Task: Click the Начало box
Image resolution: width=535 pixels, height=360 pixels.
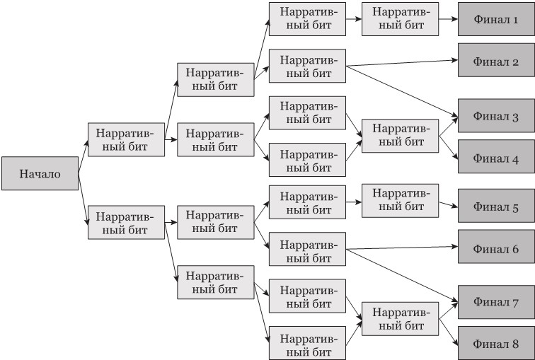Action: pos(40,174)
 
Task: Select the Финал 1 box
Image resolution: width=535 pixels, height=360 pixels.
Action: pos(495,18)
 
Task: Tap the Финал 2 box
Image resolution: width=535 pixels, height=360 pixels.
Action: pos(495,62)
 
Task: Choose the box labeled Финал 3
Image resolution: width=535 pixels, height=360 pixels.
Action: pos(495,115)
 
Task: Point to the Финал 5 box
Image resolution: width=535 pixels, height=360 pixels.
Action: pos(495,207)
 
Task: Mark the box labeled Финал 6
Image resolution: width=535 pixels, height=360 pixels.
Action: pos(495,249)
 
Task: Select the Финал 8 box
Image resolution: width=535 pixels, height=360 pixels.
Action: pos(495,344)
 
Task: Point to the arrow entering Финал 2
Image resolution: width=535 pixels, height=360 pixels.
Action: pos(403,64)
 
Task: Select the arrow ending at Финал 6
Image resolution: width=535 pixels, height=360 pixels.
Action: pos(403,248)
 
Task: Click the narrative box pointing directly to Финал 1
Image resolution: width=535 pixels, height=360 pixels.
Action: pos(399,18)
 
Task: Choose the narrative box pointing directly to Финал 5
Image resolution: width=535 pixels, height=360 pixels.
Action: pos(399,199)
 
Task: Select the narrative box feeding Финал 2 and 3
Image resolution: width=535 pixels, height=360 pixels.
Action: pos(307,66)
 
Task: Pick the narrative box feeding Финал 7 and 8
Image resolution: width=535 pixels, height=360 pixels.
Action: pos(399,319)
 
